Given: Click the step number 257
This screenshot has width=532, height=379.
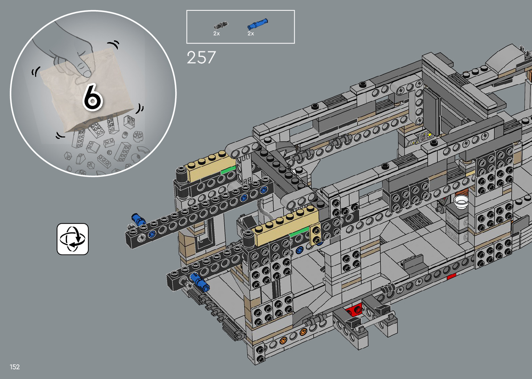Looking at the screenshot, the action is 201,57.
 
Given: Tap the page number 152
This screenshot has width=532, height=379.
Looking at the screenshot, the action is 15,366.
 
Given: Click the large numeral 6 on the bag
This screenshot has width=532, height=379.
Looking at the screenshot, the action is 93,97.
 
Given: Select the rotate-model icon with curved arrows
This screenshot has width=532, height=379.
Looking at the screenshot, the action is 73,239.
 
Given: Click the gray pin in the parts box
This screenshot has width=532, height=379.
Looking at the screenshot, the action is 221,25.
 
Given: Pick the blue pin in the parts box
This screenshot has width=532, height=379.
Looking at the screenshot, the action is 257,24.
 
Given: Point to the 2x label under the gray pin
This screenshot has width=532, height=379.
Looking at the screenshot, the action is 216,33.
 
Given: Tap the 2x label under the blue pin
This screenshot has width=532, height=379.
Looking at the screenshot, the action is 251,33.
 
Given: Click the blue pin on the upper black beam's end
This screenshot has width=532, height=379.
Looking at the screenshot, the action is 138,219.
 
